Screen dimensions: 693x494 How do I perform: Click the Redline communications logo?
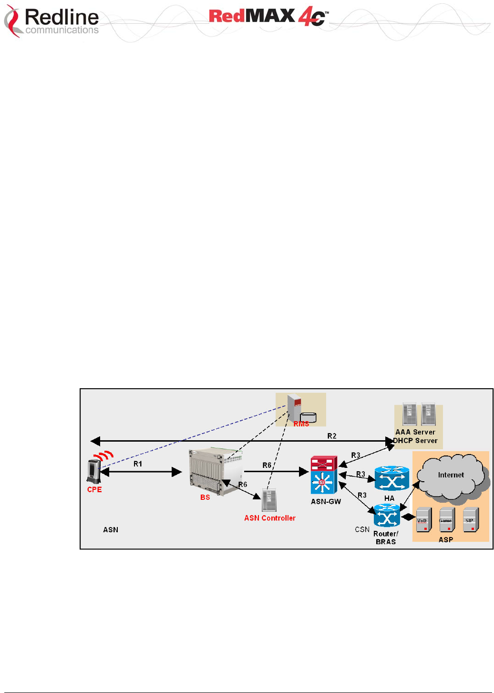coord(51,21)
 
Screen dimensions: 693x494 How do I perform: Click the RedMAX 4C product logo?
coord(268,18)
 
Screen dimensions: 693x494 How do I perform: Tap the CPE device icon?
coord(93,471)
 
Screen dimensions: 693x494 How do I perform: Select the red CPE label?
coord(94,490)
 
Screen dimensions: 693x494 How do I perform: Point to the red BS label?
coord(205,497)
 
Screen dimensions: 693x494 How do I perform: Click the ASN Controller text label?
coord(270,518)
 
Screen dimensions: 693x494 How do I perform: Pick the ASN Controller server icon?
coord(269,500)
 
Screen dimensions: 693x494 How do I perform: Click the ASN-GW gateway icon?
coord(324,475)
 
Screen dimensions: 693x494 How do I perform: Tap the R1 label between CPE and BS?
coord(138,464)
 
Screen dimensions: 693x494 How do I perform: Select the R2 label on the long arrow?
coord(332,436)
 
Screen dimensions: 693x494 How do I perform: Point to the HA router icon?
coord(391,479)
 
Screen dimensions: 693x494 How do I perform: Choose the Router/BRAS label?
coord(386,538)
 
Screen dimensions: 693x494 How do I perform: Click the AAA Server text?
coord(415,432)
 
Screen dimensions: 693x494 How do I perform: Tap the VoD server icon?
coord(423,520)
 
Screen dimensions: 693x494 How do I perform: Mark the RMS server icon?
coord(295,407)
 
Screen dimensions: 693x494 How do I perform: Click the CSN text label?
coord(362,529)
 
